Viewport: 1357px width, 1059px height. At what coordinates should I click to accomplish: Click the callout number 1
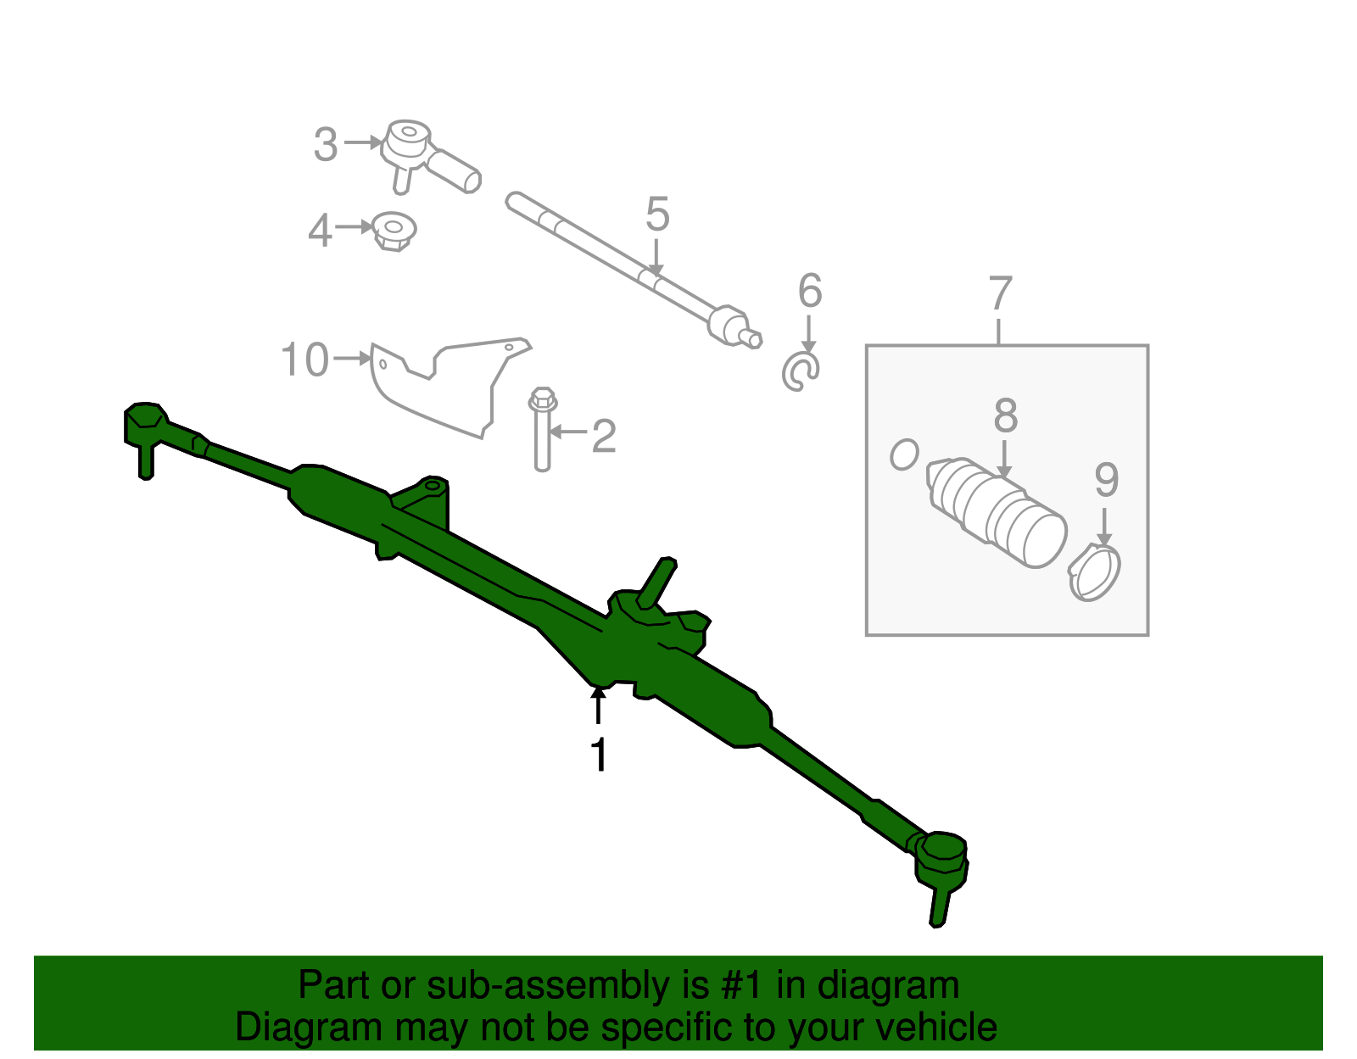pyautogui.click(x=599, y=755)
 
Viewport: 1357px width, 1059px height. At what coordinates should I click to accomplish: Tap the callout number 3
pyautogui.click(x=326, y=145)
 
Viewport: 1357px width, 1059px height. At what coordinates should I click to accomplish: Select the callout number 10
pyautogui.click(x=304, y=360)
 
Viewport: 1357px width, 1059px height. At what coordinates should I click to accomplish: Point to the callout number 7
pyautogui.click(x=1001, y=294)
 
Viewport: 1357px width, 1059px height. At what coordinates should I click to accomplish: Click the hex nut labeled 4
pyautogui.click(x=394, y=231)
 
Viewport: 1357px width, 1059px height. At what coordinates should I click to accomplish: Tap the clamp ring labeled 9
pyautogui.click(x=1094, y=574)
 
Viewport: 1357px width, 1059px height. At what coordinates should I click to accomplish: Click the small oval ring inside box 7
pyautogui.click(x=904, y=454)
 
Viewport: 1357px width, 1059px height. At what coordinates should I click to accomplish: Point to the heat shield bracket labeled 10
pyautogui.click(x=441, y=386)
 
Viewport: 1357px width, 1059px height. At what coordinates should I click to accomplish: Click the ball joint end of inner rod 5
pyautogui.click(x=728, y=325)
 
